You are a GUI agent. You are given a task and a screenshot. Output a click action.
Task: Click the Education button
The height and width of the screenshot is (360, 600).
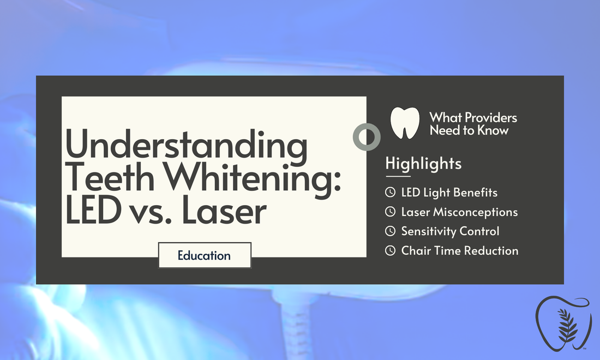pos(204,255)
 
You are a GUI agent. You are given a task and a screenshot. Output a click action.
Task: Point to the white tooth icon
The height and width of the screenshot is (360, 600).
pos(405,122)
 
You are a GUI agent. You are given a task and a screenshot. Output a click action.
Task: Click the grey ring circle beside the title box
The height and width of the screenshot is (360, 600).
pos(366,136)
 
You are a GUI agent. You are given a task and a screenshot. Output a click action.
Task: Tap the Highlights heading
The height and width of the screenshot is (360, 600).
pos(423,163)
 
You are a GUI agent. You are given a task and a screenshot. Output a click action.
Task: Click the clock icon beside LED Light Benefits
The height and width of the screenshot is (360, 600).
pos(390,192)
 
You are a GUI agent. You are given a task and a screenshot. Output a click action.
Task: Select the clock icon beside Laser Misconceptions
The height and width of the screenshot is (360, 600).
pos(390,212)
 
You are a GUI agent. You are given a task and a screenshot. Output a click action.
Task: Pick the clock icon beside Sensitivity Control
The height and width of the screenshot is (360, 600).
pos(390,231)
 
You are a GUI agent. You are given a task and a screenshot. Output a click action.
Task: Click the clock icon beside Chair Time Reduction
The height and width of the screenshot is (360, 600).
pos(390,251)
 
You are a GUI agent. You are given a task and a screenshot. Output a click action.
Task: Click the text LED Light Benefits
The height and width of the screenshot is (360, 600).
pos(449,192)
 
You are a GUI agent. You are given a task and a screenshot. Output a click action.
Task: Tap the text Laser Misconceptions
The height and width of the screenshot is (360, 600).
pos(459,212)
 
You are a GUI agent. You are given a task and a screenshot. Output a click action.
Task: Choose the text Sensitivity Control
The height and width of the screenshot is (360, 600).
pos(450,231)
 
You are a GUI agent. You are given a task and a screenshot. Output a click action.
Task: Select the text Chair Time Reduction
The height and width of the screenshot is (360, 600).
pos(460,251)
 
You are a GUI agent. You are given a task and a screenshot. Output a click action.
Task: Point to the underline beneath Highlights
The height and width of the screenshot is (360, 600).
pos(398,176)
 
